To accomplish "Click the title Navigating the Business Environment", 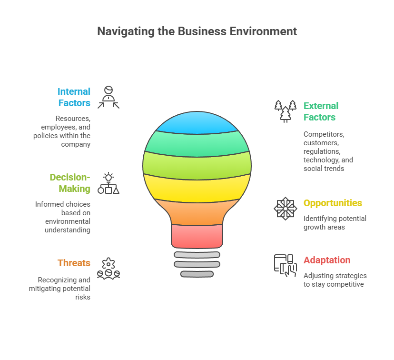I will point(197,31).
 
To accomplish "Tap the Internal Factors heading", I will point(74,97).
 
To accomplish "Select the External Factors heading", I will point(321,111).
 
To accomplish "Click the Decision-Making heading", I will point(70,183).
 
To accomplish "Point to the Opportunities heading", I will point(333,203).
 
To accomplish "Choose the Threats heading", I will point(74,263).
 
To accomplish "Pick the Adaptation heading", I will point(327,260).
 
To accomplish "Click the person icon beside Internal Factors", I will point(108,97).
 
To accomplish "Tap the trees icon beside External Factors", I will point(286,111).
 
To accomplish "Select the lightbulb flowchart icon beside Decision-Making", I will point(108,183).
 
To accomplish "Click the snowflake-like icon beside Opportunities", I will point(286,208).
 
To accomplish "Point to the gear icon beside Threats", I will point(108,268).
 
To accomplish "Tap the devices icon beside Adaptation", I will point(286,265).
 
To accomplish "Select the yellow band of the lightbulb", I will point(197,188).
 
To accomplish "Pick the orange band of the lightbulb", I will point(197,212).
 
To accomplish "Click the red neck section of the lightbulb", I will point(197,236).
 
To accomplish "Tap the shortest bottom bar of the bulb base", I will point(197,274).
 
